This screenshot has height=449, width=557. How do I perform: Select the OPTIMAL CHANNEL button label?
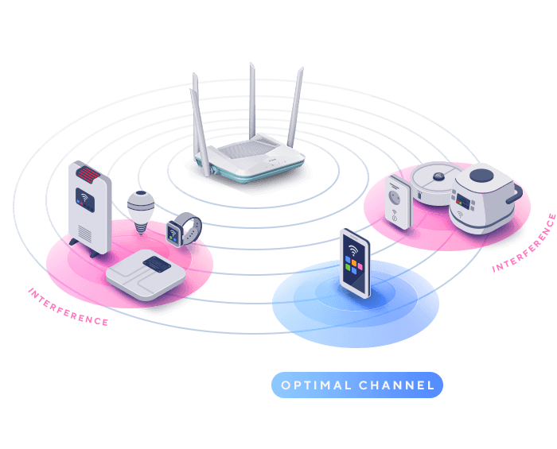(x=357, y=385)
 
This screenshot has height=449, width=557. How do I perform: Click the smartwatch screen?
(x=173, y=233)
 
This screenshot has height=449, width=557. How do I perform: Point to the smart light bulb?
(x=140, y=209)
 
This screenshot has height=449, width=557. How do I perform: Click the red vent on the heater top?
(x=87, y=173)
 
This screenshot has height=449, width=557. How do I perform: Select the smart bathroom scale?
(x=146, y=271)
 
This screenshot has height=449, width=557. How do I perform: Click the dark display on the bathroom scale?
(x=156, y=263)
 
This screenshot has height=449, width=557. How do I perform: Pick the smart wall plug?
(x=397, y=203)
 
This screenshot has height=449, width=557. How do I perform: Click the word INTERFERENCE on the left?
(x=68, y=307)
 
